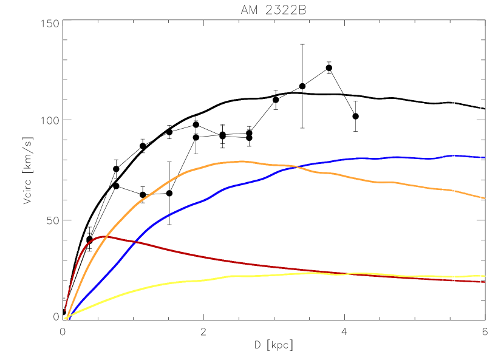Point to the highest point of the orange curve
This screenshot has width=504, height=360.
pyautogui.click(x=242, y=161)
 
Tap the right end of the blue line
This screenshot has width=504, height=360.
pyautogui.click(x=485, y=157)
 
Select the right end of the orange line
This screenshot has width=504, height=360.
pyautogui.click(x=485, y=198)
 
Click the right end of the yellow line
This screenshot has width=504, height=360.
pyautogui.click(x=485, y=276)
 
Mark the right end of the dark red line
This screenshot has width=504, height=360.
pyautogui.click(x=485, y=282)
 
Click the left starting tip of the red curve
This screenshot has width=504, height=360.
pyautogui.click(x=65, y=311)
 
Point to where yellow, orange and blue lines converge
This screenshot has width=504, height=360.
pyautogui.click(x=67, y=317)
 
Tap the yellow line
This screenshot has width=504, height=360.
pyautogui.click(x=182, y=282)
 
